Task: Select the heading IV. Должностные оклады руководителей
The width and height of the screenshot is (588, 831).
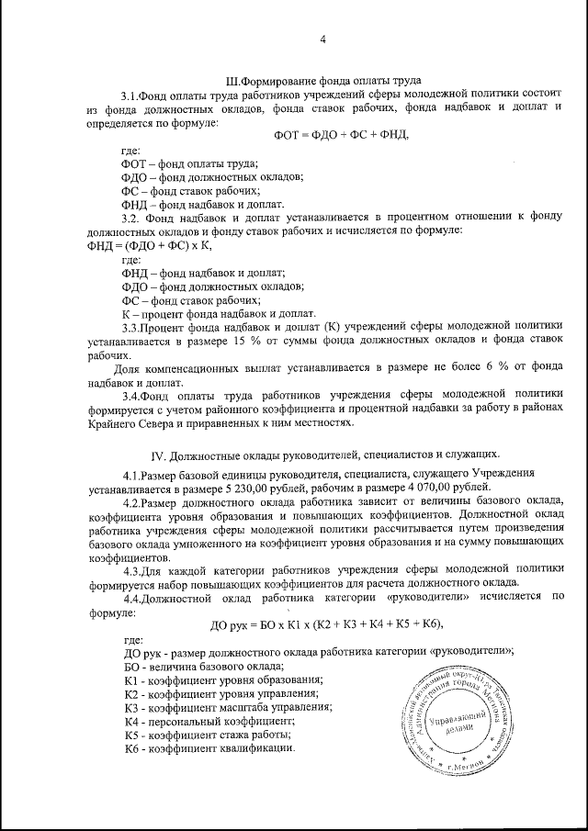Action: pyautogui.click(x=325, y=454)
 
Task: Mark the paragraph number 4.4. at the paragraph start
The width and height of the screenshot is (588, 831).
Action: pyautogui.click(x=134, y=596)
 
